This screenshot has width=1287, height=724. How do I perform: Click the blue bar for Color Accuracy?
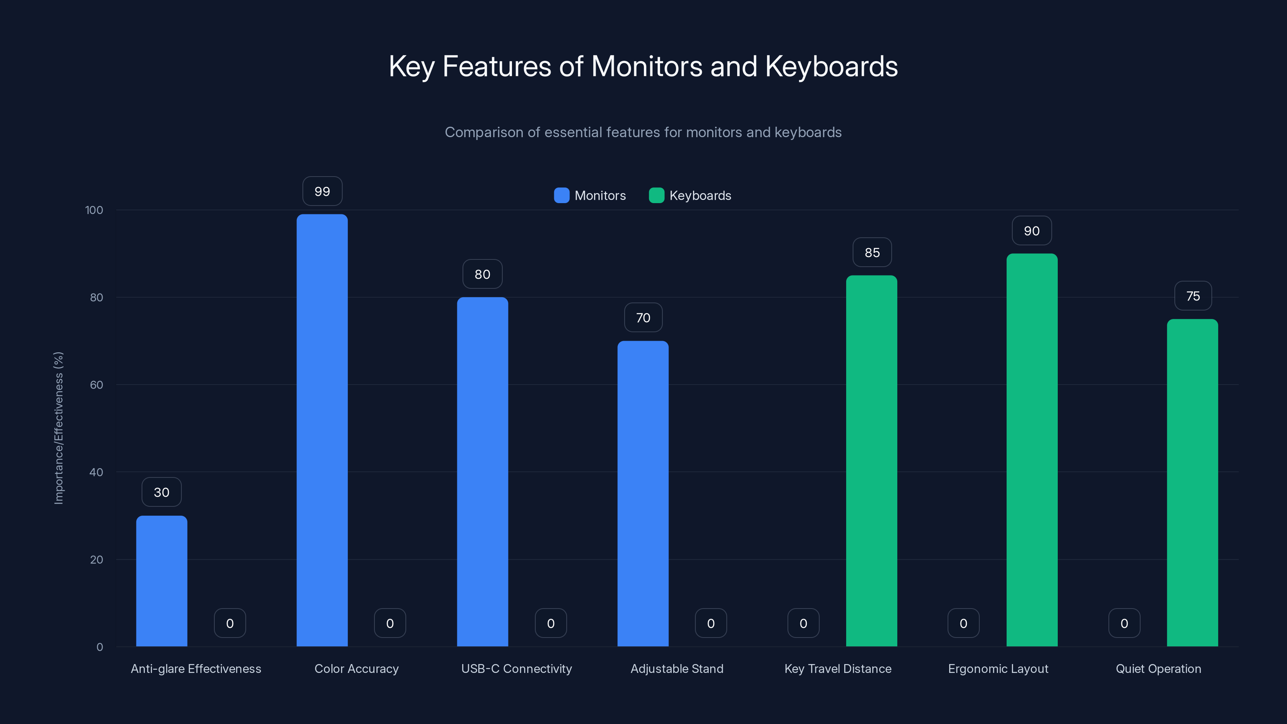322,430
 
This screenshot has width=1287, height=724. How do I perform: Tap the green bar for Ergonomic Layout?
1032,450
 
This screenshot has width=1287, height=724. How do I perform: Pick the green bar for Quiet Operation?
1192,482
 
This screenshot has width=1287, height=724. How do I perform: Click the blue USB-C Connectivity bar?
482,472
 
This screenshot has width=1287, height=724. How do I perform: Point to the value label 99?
322,191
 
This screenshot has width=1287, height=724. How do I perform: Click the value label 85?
872,253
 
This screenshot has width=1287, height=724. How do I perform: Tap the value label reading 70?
643,318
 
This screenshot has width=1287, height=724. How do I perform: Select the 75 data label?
1192,296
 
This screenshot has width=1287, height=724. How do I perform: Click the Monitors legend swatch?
561,195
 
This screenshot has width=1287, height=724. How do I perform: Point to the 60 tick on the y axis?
97,385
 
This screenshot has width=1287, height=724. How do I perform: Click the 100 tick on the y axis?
94,210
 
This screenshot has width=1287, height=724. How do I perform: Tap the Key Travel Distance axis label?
837,668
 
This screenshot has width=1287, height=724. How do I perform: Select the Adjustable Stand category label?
676,668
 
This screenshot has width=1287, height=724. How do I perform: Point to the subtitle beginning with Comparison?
643,132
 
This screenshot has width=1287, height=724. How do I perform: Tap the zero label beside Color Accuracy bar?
390,623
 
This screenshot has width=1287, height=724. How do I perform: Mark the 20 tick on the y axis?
97,559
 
